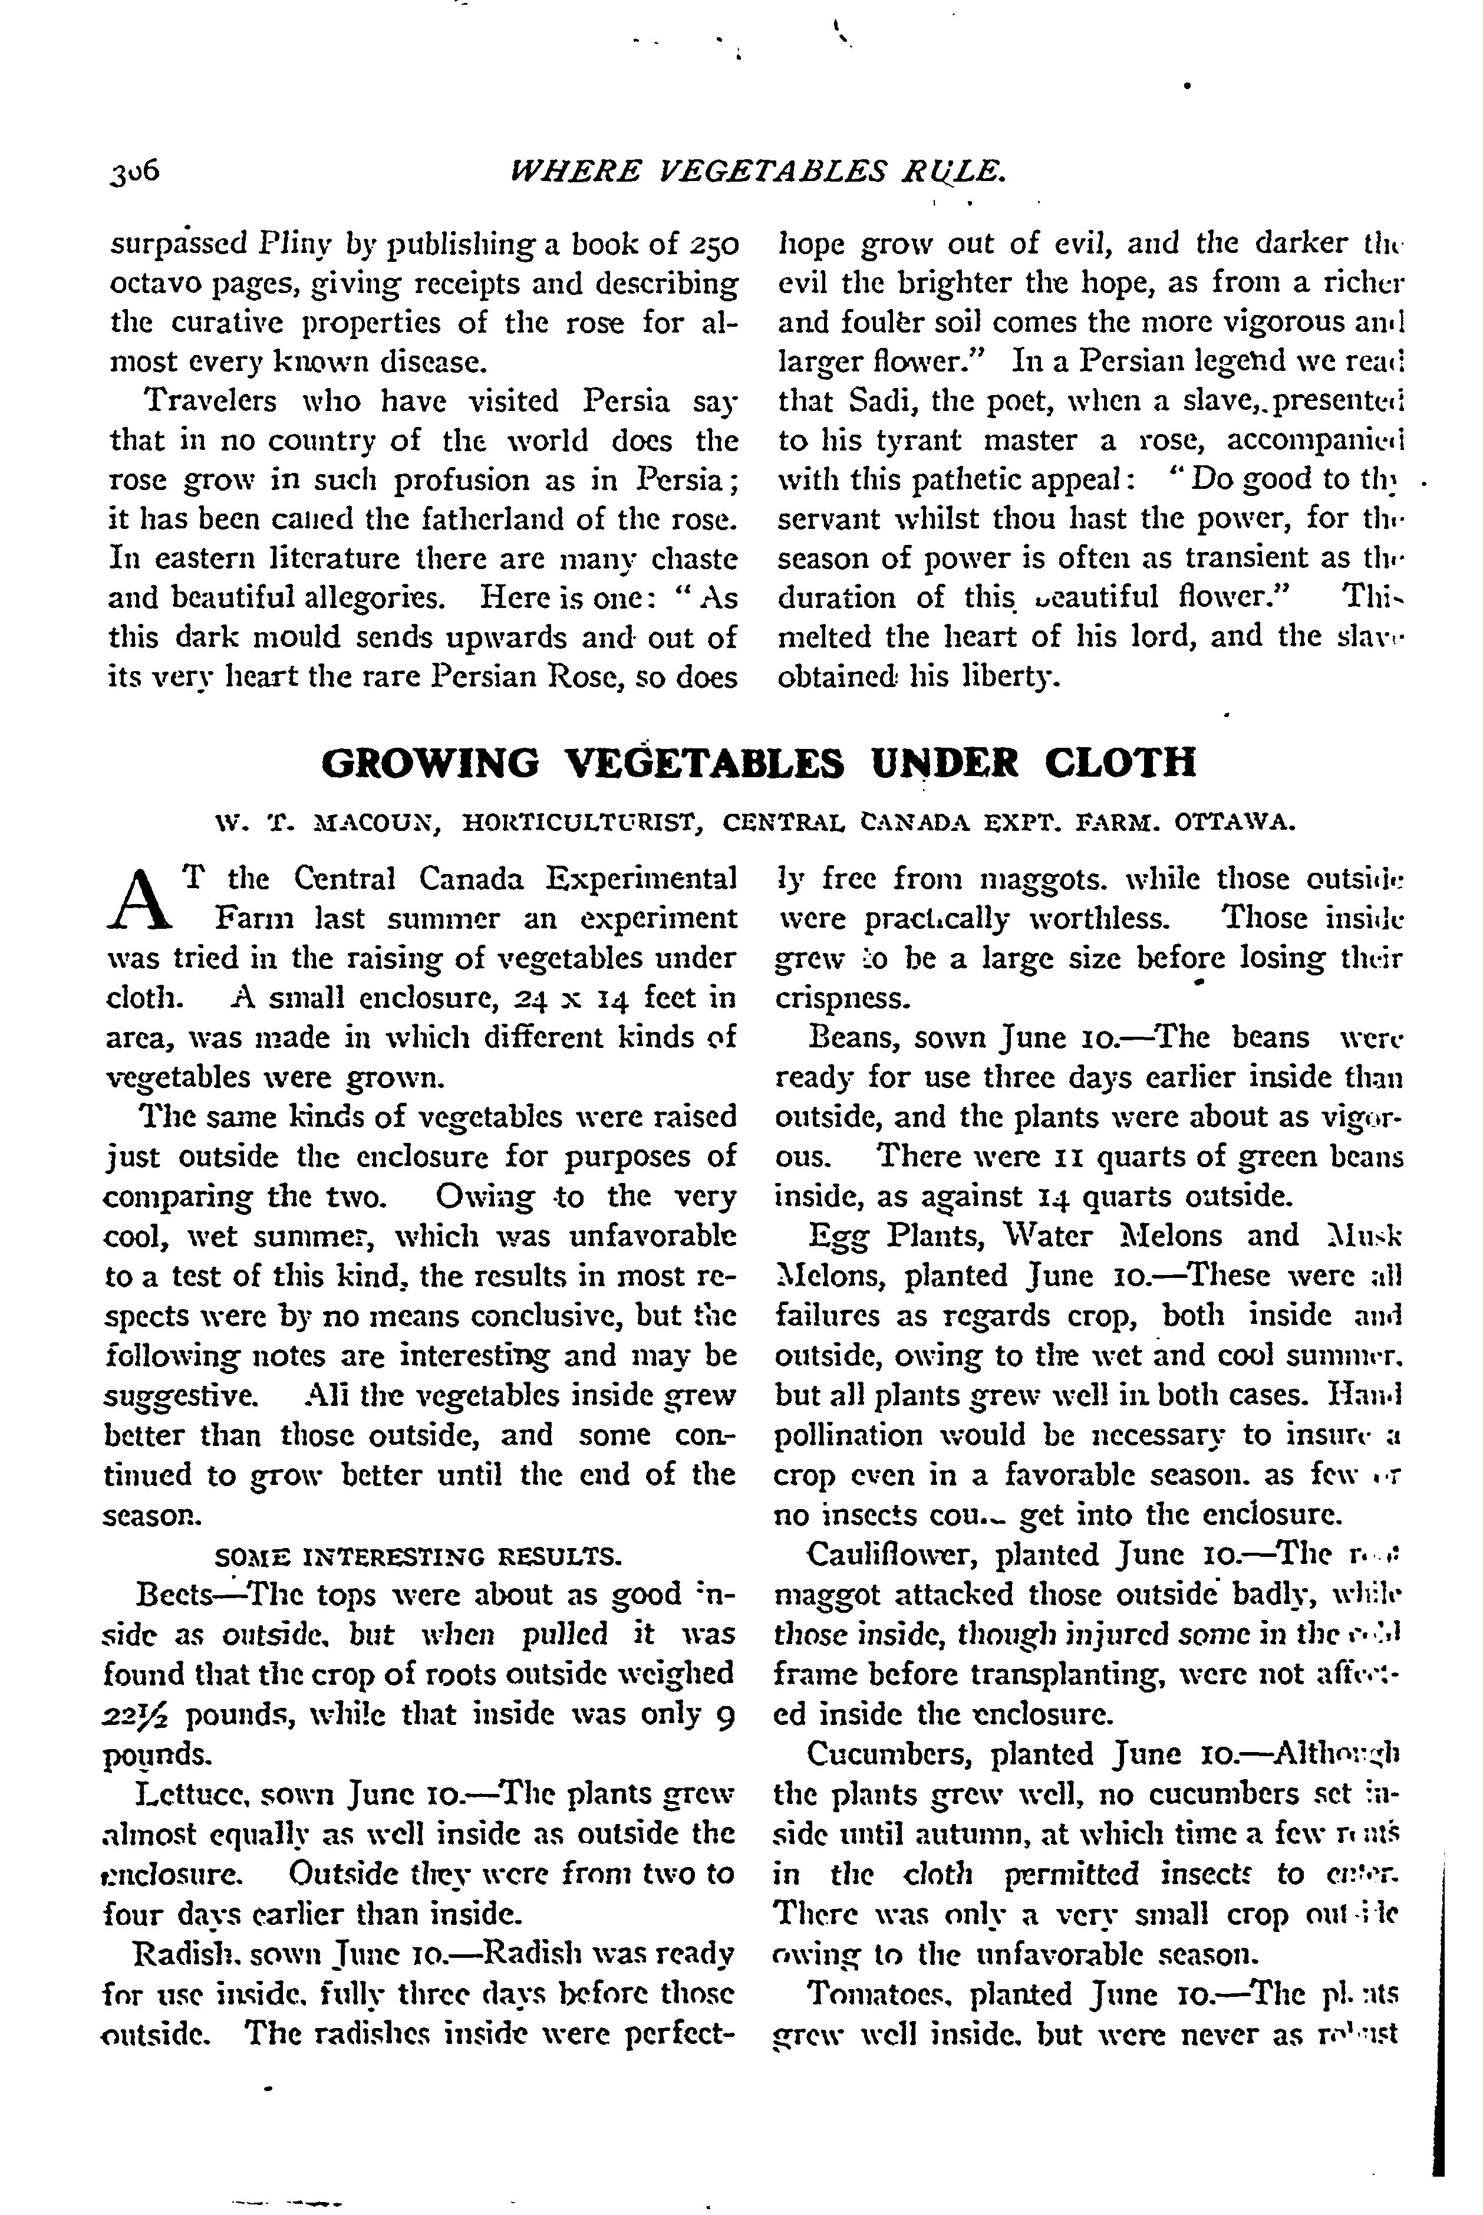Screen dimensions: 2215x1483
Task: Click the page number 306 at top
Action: [x=135, y=171]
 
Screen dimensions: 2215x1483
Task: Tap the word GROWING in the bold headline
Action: [x=430, y=762]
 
